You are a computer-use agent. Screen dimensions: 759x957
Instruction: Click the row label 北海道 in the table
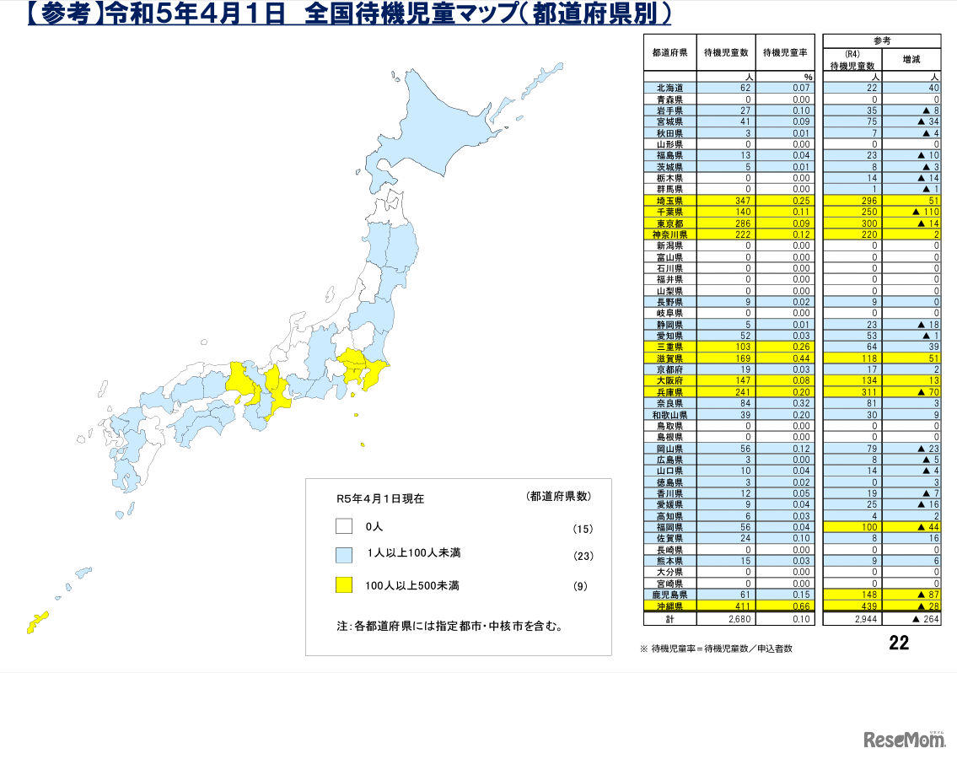tap(669, 89)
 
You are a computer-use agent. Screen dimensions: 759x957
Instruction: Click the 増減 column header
tap(911, 60)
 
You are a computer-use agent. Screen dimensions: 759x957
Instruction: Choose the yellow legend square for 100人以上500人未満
tap(343, 584)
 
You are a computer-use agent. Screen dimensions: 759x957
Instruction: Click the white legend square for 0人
tap(343, 526)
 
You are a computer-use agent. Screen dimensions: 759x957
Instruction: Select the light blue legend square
tap(343, 555)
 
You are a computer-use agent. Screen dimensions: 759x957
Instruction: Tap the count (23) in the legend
tap(583, 556)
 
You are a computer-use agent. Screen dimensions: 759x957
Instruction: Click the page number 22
tap(899, 643)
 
